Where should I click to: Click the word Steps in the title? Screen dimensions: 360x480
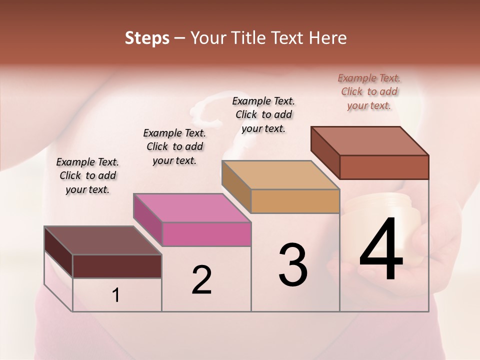click(x=147, y=38)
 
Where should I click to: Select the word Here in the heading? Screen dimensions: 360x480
click(x=328, y=38)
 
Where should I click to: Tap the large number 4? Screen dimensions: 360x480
click(x=381, y=250)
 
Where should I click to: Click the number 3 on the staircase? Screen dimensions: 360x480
click(x=293, y=265)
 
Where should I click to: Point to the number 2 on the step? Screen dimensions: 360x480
click(x=201, y=280)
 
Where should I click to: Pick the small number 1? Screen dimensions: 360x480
click(x=115, y=295)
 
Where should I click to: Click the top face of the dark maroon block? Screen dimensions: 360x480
click(x=103, y=240)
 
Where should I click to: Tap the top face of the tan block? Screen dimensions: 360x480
click(x=280, y=175)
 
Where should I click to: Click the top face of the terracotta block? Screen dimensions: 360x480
click(x=369, y=141)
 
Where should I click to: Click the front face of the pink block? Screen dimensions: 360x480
click(x=206, y=234)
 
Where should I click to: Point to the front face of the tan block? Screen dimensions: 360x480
click(x=295, y=201)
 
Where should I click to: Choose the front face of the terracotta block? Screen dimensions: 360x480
click(x=384, y=167)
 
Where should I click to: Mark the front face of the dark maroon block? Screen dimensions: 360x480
click(x=117, y=266)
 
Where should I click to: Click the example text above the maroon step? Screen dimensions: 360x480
click(x=87, y=175)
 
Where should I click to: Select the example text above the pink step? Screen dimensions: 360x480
click(x=174, y=146)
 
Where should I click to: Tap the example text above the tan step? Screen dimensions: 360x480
click(x=263, y=114)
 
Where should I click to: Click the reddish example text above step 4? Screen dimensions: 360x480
click(x=369, y=91)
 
